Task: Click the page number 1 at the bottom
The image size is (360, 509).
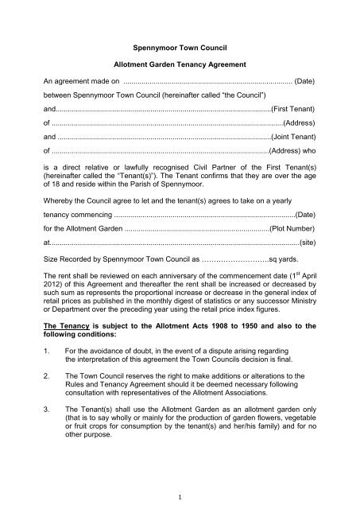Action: [x=180, y=493]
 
